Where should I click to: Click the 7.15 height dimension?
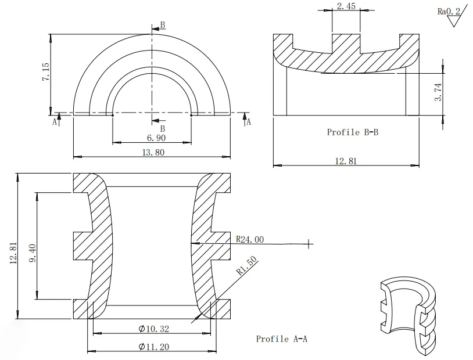[x=45, y=73]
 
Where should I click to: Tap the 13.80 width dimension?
[x=153, y=152]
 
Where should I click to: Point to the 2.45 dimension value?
[x=346, y=6]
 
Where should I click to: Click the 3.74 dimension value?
[x=439, y=93]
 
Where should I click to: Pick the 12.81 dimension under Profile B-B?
[x=346, y=161]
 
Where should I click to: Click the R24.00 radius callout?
[x=250, y=239]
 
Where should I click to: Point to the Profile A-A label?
[x=281, y=339]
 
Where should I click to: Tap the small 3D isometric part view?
[x=409, y=314]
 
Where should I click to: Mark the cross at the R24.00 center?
[x=309, y=244]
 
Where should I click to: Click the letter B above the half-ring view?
[x=163, y=25]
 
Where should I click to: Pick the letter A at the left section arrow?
[x=55, y=122]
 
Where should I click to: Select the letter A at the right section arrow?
[x=249, y=122]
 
